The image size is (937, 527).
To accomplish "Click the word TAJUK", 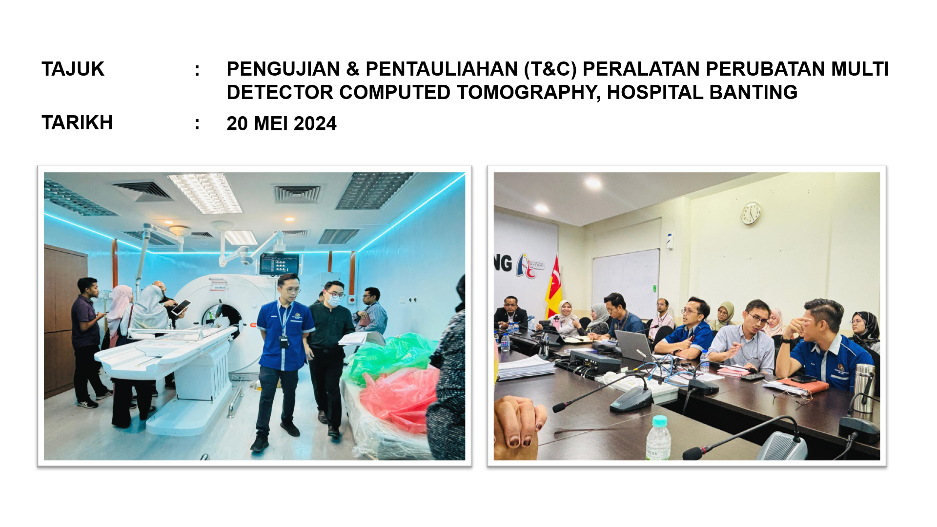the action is pos(73,69).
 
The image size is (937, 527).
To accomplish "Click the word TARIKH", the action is pos(77,123).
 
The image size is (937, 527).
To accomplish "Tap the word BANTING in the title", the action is pos(753,93).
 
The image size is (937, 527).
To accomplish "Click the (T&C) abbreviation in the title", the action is pos(550,69).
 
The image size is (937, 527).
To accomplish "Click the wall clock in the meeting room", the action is pos(751,213).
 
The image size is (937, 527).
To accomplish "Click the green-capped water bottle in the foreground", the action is pos(658,438).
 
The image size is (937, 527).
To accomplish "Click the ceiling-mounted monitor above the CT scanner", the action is pos(279,264).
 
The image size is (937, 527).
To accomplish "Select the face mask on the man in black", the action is pos(332,300).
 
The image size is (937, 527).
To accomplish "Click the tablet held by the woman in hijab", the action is pos(181,306).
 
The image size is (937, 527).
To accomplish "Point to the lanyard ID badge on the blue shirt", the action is pos(284,341).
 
